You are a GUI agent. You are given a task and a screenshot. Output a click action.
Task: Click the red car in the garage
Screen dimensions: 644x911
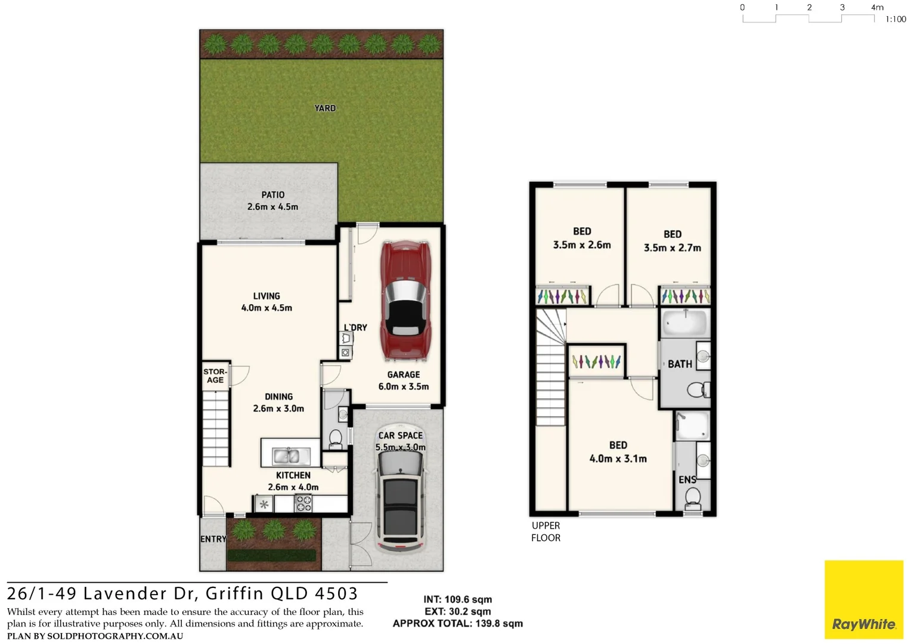(405, 301)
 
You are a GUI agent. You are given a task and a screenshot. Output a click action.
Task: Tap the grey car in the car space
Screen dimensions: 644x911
(400, 501)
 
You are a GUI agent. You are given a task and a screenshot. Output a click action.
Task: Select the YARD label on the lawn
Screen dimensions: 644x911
(325, 108)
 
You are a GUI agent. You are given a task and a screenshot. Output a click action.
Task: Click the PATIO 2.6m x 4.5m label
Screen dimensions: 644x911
(272, 201)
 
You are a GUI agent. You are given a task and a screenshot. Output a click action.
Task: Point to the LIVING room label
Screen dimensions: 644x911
(267, 302)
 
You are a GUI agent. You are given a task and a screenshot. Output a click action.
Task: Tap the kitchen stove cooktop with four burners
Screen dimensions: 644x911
(303, 504)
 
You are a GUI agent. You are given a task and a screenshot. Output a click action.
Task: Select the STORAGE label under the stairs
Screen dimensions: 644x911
(215, 376)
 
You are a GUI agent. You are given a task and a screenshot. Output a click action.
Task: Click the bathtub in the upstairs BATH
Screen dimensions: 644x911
(685, 323)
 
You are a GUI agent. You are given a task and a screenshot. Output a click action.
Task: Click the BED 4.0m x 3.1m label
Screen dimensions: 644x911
(618, 452)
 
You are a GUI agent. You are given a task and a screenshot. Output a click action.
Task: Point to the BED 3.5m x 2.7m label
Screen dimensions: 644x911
(672, 241)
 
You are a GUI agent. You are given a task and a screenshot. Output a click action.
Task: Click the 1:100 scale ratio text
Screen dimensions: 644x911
(895, 19)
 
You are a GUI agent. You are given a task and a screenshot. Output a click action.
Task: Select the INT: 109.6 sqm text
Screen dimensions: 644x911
(457, 599)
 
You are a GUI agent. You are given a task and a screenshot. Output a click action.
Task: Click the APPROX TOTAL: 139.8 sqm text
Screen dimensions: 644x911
(457, 623)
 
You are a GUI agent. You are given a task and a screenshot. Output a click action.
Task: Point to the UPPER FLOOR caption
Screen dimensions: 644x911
(546, 531)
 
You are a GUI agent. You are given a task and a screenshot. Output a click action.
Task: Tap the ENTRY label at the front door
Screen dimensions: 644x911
(213, 539)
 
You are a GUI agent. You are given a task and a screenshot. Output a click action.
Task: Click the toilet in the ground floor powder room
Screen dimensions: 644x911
(336, 437)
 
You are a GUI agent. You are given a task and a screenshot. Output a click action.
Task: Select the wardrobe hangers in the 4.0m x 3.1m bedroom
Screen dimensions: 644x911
(596, 361)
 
